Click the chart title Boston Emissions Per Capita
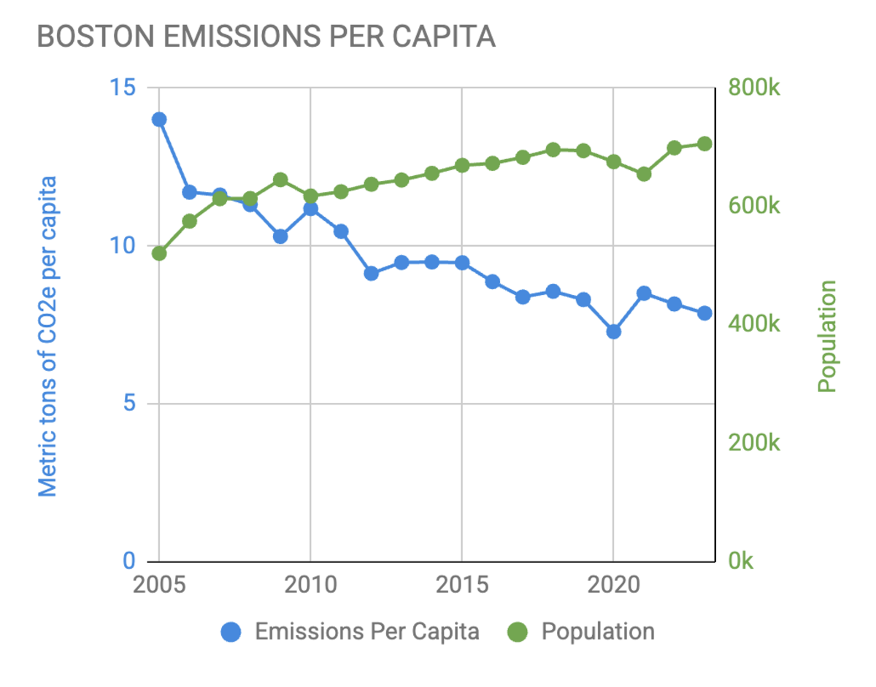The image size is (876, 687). tap(266, 37)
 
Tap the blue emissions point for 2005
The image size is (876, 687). tap(159, 120)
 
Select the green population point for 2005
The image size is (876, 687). tap(159, 253)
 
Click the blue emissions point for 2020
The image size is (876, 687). tap(613, 331)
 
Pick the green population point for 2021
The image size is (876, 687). tap(644, 174)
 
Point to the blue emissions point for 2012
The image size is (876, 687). tap(371, 273)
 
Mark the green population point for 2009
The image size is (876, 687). tap(280, 180)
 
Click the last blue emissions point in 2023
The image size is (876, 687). tap(704, 312)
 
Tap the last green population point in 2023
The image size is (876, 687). tap(704, 144)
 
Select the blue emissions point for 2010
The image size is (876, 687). tap(310, 209)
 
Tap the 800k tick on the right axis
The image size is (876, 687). tap(754, 88)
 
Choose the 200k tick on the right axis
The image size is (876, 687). tap(754, 443)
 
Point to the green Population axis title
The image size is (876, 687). tap(826, 336)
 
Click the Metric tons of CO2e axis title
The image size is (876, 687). tap(47, 336)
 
